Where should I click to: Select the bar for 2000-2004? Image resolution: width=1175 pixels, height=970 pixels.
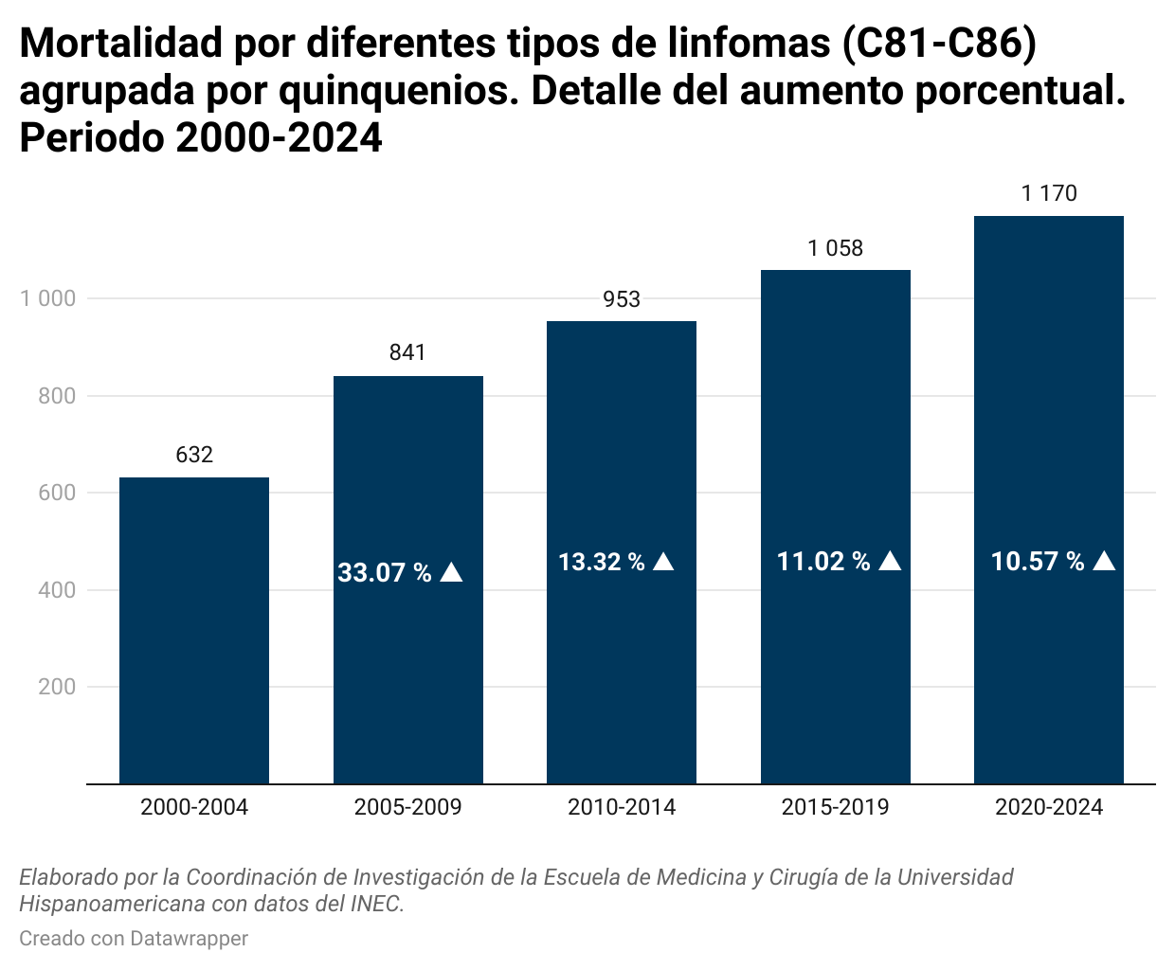(194, 630)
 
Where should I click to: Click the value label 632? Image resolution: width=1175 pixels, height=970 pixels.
(194, 455)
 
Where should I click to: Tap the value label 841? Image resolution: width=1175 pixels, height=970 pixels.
(407, 352)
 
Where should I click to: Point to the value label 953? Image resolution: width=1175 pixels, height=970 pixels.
(622, 299)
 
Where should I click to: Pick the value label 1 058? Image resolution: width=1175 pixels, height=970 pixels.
(836, 248)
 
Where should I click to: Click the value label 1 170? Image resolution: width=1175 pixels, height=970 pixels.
(1049, 193)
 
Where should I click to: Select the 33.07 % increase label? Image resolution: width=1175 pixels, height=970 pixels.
(385, 573)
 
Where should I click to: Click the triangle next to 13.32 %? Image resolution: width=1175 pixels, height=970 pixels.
(663, 562)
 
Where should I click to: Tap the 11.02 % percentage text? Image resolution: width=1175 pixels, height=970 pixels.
(823, 562)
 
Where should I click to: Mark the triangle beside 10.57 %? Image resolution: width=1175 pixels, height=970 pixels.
(1104, 561)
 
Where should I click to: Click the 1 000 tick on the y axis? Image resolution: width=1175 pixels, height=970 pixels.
(47, 298)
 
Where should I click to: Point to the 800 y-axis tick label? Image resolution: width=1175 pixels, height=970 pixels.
(57, 396)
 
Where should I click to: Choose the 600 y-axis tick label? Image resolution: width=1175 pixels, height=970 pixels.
(57, 493)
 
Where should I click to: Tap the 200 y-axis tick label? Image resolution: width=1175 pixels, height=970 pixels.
(57, 687)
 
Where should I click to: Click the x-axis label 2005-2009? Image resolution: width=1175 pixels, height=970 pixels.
(407, 807)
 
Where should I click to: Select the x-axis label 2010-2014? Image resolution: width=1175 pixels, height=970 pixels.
(622, 807)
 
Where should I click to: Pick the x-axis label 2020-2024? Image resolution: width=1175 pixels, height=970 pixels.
(1049, 807)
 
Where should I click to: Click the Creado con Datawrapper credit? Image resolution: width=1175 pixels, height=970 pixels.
(134, 939)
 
